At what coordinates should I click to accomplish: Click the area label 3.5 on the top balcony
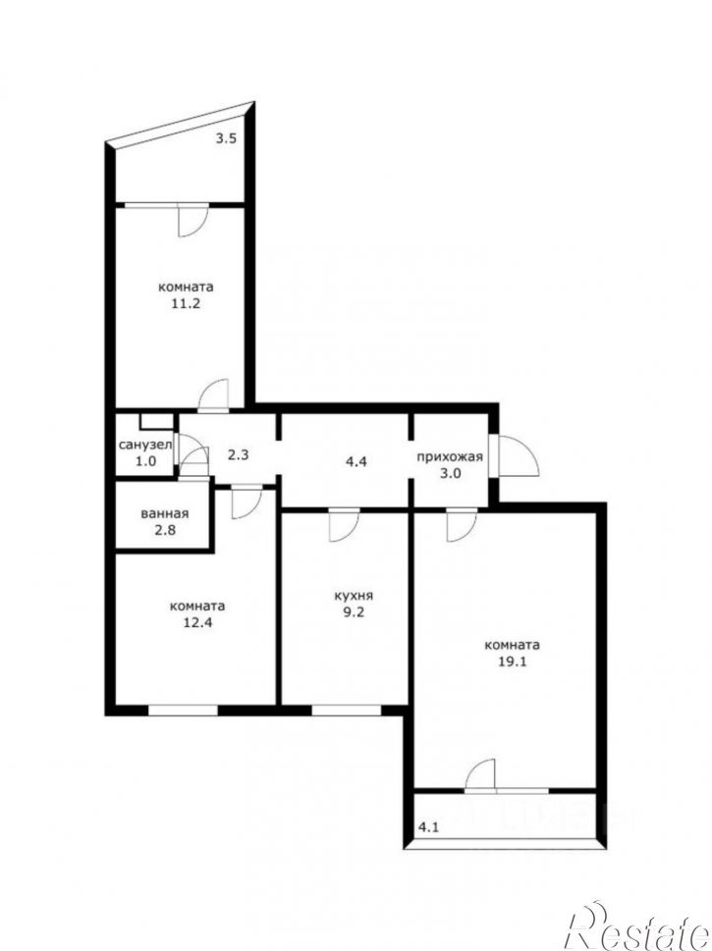click(x=226, y=138)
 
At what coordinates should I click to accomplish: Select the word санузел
click(x=145, y=445)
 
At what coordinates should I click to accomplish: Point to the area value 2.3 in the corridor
click(x=238, y=454)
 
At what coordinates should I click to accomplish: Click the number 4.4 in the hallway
click(x=356, y=461)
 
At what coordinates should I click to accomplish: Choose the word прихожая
click(x=450, y=456)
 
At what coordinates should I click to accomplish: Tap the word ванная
click(x=164, y=513)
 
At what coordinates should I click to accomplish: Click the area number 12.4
click(x=197, y=622)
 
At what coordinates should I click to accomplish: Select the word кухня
click(x=354, y=596)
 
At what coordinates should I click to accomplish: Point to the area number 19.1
click(x=513, y=661)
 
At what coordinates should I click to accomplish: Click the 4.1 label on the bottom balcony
click(x=429, y=826)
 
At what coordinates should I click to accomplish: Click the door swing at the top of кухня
click(x=344, y=526)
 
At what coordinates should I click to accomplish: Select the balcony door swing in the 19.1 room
click(x=481, y=774)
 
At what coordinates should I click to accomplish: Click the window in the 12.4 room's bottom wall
click(x=183, y=711)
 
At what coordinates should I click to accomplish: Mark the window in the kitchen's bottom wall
click(x=347, y=711)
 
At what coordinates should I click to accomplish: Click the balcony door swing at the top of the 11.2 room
click(x=193, y=221)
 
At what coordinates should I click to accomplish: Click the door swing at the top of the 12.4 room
click(x=246, y=504)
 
